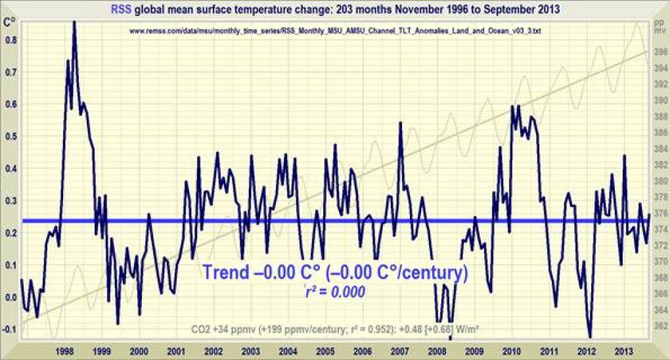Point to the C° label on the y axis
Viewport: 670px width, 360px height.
point(10,22)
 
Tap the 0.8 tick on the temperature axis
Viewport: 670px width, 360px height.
point(10,39)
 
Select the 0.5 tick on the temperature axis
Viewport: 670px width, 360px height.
point(10,136)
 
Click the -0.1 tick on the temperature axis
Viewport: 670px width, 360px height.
point(9,329)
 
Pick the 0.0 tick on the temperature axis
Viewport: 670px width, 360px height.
point(10,297)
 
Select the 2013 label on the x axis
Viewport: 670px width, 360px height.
point(623,351)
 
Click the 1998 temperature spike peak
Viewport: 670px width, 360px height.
point(74,22)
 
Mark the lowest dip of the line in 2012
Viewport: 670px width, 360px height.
point(590,336)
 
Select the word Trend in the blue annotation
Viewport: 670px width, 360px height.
point(225,271)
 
